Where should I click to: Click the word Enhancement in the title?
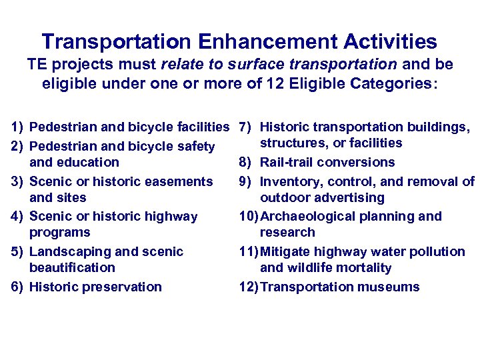pos(265,42)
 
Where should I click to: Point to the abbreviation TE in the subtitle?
pos(37,65)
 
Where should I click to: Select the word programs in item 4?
pos(60,233)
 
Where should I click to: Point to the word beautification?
pos(73,268)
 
